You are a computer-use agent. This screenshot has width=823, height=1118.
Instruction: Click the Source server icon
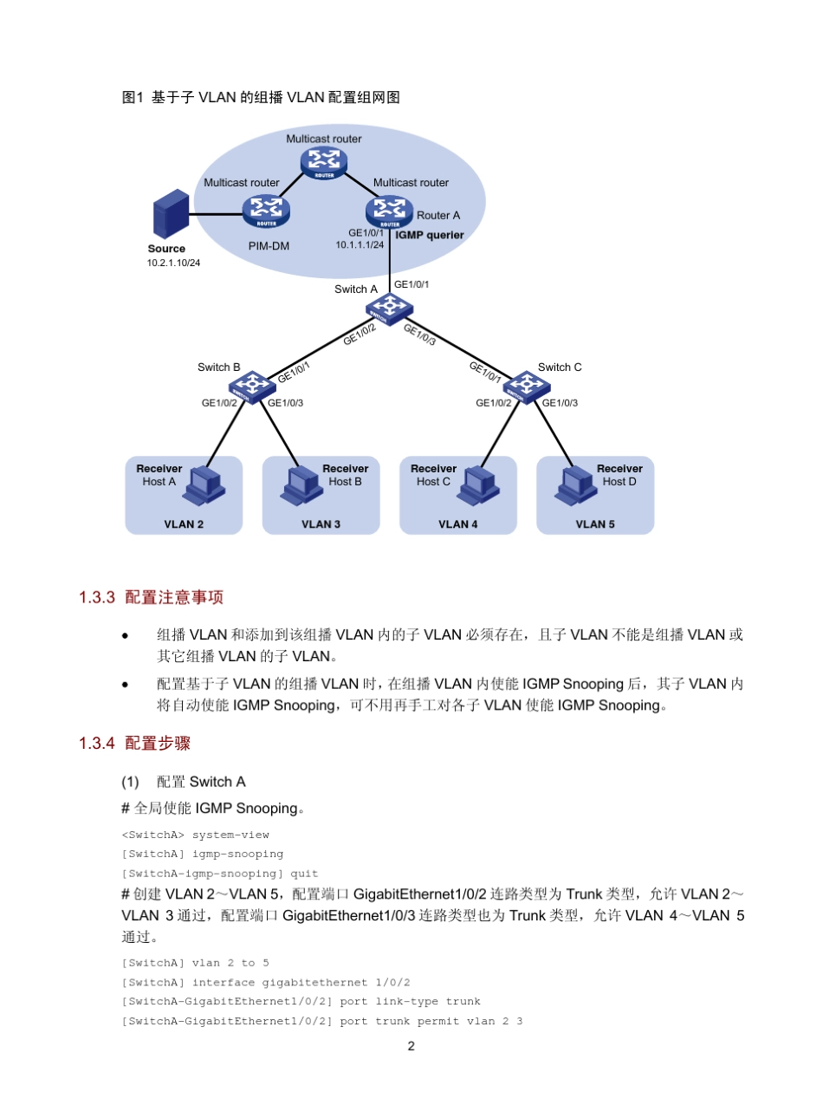click(x=169, y=215)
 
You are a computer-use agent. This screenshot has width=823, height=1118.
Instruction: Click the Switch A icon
click(x=389, y=308)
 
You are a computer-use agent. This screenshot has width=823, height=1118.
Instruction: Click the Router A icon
click(x=389, y=211)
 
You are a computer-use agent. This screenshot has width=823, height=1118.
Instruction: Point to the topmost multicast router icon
click(x=324, y=161)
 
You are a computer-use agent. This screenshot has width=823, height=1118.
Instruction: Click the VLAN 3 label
click(x=321, y=524)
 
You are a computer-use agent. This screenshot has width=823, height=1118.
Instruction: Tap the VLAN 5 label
click(x=595, y=524)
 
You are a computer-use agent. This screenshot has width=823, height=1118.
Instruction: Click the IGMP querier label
click(x=430, y=236)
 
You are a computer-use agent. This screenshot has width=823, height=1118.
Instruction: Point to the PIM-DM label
click(x=269, y=246)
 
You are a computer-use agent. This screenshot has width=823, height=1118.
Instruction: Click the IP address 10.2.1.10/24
click(x=173, y=263)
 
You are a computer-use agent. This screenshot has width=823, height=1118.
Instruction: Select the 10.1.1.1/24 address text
click(x=360, y=245)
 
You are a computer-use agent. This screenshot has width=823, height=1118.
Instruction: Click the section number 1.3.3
click(x=96, y=597)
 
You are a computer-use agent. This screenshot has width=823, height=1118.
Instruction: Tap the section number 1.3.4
click(x=96, y=744)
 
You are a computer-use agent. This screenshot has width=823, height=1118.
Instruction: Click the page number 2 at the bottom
click(x=411, y=1046)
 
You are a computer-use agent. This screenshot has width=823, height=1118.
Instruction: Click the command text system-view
click(x=230, y=835)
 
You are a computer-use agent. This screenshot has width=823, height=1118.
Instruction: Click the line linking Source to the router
click(x=217, y=214)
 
